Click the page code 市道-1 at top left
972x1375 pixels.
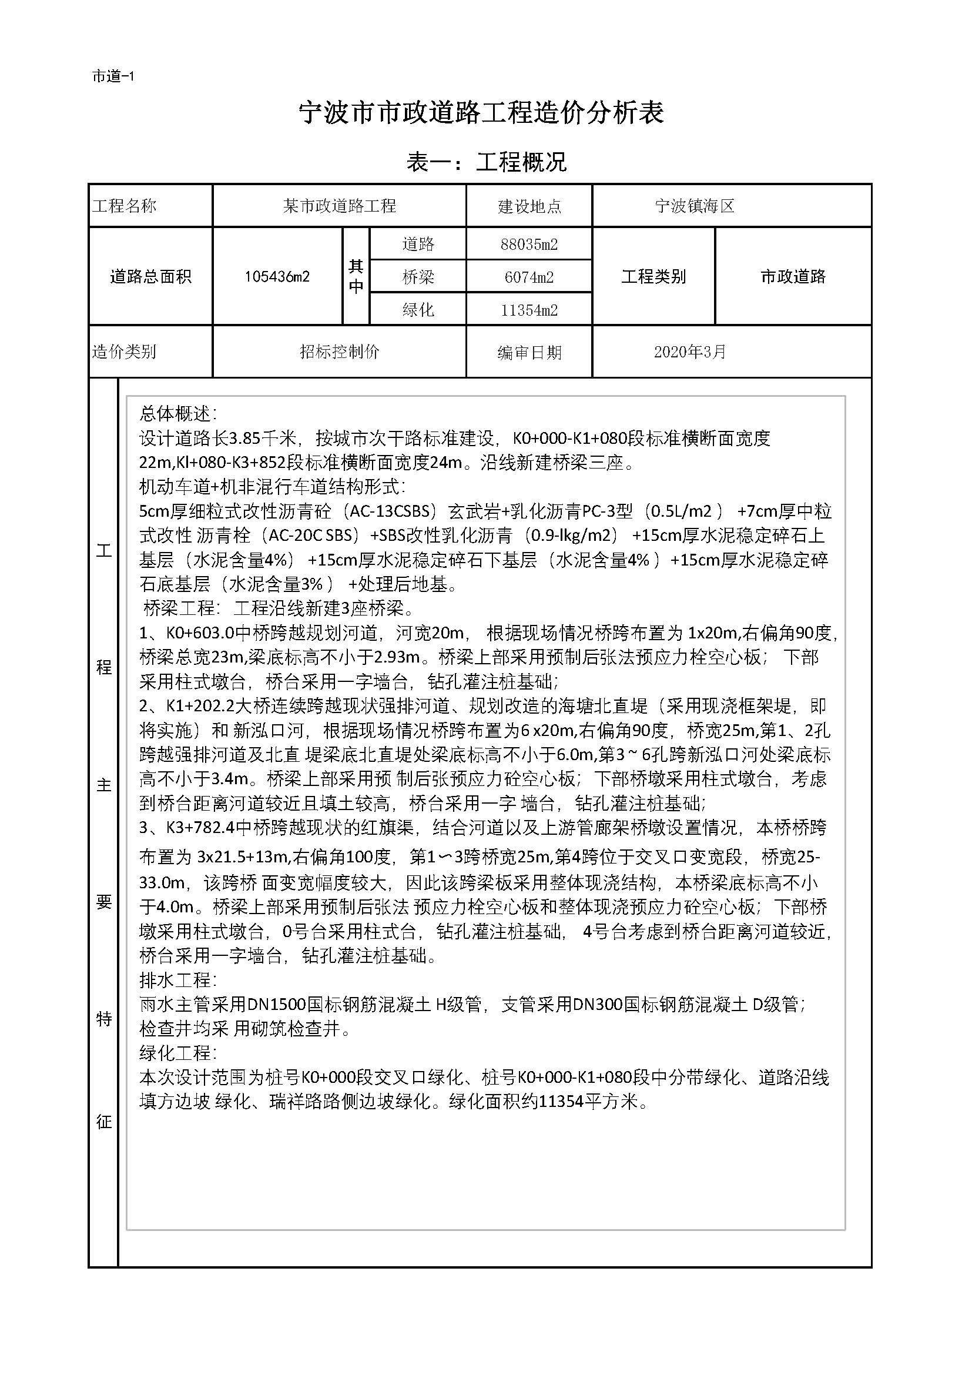click(113, 76)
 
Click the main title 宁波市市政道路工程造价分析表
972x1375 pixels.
click(482, 113)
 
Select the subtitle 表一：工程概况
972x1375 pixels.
click(486, 162)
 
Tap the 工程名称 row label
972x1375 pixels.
click(125, 206)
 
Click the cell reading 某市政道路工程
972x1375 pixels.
click(339, 206)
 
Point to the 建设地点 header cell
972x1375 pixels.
click(529, 206)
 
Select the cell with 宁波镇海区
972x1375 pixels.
click(694, 206)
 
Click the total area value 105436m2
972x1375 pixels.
click(277, 277)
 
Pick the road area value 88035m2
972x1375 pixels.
click(529, 245)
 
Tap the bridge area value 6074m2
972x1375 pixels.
click(529, 277)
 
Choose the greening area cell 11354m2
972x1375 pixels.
click(529, 310)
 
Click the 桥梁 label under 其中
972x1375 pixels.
click(418, 277)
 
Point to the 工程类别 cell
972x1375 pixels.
click(653, 277)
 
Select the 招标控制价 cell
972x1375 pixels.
click(339, 352)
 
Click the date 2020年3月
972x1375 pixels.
click(689, 352)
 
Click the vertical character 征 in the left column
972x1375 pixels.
click(104, 1121)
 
